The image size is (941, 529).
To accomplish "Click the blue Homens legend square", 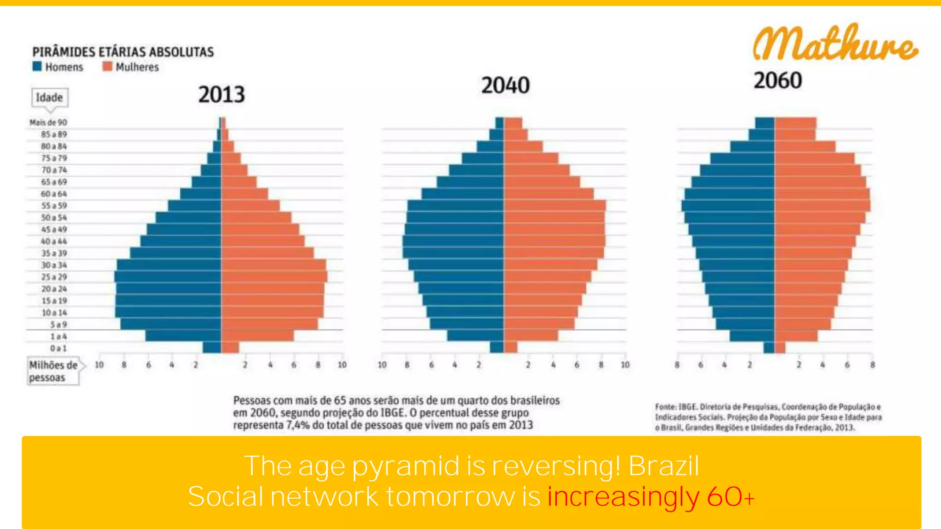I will (37, 67).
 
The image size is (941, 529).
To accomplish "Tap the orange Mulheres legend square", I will (108, 67).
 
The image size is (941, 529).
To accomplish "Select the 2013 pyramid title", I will (221, 95).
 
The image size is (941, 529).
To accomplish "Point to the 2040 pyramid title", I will (505, 85).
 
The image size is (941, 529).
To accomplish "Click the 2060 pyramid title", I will (777, 80).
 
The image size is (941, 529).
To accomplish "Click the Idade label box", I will (50, 97).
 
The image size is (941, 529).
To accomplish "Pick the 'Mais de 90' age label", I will (48, 123).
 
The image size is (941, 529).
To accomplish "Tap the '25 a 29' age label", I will (54, 277).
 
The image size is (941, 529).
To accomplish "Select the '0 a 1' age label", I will (58, 348).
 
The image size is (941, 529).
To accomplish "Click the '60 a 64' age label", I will (54, 194).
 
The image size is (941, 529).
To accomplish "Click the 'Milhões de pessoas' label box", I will (53, 371).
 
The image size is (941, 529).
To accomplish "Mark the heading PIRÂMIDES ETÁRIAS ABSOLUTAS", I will (123, 52).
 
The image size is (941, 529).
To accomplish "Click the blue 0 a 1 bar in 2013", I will (212, 348).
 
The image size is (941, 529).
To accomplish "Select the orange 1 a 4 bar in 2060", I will (796, 336).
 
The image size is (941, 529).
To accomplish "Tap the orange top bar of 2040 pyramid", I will (513, 123).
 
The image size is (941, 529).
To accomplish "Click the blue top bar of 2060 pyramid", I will (765, 123).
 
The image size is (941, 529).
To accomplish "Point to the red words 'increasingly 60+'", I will (650, 497).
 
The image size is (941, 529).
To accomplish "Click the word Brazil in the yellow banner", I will (663, 466).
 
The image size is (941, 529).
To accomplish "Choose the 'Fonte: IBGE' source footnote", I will (768, 417).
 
